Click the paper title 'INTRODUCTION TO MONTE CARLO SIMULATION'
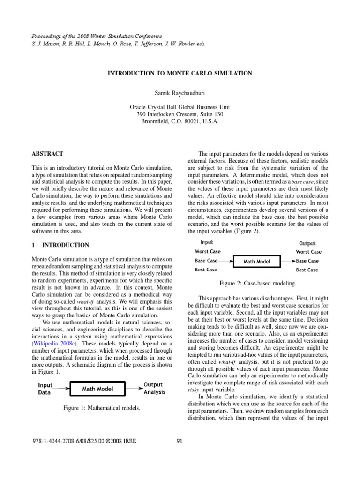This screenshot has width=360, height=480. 180,74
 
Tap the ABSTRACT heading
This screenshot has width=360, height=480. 47,154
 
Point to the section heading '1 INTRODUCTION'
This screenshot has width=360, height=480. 60,245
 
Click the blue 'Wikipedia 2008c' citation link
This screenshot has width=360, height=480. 56,343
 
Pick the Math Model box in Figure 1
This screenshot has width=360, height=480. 98,389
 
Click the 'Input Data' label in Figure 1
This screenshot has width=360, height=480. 45,389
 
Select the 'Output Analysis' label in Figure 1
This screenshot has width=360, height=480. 153,388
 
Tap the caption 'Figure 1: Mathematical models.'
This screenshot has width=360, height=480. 102,409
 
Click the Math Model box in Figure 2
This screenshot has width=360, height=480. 257,261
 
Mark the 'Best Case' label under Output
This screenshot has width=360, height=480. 307,270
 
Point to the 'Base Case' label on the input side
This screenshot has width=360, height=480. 206,261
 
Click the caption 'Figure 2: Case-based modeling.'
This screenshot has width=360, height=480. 257,284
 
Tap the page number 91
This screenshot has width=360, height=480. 180,440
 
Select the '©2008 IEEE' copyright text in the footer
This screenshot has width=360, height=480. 117,440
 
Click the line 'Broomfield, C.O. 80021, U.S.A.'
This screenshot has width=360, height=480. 180,121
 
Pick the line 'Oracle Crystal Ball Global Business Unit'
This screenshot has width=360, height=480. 180,107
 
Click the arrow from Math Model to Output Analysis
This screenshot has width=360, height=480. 134,388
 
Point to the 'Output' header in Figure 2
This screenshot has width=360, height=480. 307,243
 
